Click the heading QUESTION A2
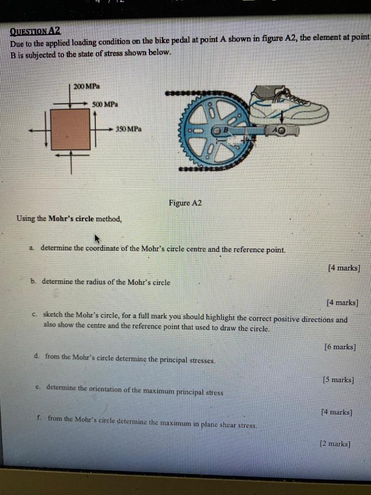coord(35,31)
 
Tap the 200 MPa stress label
coord(86,86)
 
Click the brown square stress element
coord(71,129)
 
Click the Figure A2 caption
coord(185,203)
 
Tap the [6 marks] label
coord(340,347)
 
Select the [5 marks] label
coord(338,379)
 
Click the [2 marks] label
coord(335,443)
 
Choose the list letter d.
coord(37,356)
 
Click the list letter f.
coord(38,418)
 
